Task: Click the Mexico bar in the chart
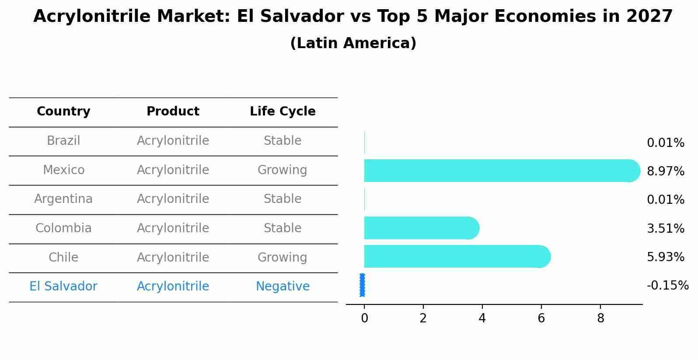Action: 499,171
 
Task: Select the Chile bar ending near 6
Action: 455,256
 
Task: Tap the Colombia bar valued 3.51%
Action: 420,228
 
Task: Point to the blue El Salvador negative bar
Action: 362,285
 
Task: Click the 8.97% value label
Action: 665,171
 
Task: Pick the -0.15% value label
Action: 667,286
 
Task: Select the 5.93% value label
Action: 665,257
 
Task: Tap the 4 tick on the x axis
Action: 482,318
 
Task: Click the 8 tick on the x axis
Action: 600,318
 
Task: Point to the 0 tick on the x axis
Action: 364,318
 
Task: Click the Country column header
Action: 63,112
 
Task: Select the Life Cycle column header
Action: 283,112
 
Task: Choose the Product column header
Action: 173,112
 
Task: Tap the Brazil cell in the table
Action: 63,141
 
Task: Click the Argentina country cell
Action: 63,199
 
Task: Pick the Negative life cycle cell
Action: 283,287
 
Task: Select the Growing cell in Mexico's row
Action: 282,170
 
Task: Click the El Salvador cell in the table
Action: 63,287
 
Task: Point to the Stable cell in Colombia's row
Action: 283,228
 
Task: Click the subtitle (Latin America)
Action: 353,43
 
